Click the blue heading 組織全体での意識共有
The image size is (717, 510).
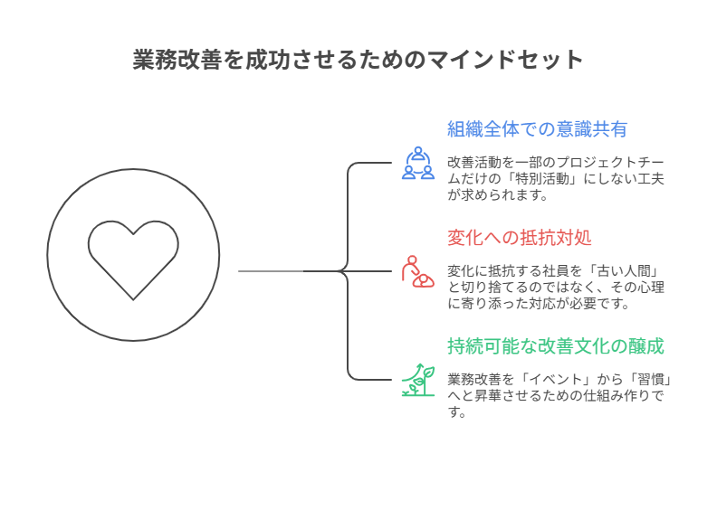[x=537, y=129]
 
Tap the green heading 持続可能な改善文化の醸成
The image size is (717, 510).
[x=556, y=346]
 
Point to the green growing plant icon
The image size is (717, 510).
[x=417, y=380]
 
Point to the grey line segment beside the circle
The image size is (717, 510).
[x=270, y=270]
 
